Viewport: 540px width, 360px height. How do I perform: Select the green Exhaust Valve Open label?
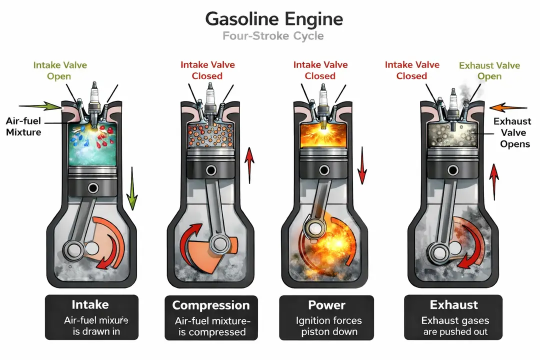[489, 70]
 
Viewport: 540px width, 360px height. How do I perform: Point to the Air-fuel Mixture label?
[24, 126]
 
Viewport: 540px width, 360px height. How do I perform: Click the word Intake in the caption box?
[90, 304]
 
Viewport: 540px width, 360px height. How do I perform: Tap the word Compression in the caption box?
[210, 305]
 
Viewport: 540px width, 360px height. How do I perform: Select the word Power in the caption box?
[326, 305]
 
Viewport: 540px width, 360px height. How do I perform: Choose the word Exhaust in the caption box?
[454, 305]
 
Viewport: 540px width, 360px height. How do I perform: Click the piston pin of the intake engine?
[92, 188]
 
